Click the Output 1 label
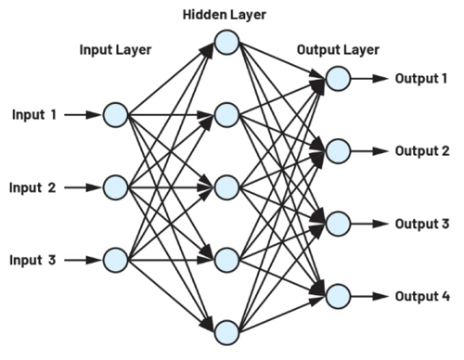click(x=421, y=77)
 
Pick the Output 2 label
click(x=421, y=150)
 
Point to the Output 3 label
click(x=421, y=224)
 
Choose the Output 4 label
click(x=421, y=297)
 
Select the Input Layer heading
click(x=115, y=50)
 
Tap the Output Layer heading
click(x=337, y=50)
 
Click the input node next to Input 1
click(x=115, y=115)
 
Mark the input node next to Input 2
click(x=115, y=187)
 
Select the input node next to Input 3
click(x=115, y=260)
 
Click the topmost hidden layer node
click(x=226, y=43)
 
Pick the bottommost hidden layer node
click(x=226, y=331)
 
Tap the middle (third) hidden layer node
click(x=226, y=187)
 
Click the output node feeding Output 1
click(x=338, y=78)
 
